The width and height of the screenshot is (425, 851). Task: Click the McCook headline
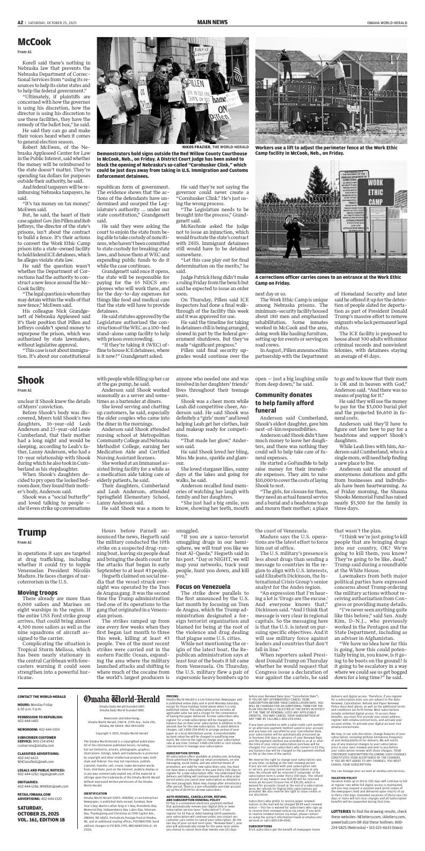[x=34, y=42]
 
